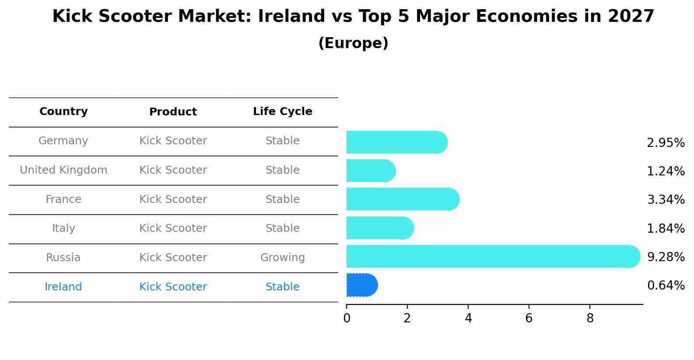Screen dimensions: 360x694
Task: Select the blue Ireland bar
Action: [x=361, y=285]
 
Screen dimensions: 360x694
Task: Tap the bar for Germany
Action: [x=396, y=142]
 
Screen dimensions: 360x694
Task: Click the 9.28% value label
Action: [x=666, y=257]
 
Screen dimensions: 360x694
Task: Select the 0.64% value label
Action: [x=666, y=286]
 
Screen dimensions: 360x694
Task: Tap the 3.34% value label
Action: [x=666, y=200]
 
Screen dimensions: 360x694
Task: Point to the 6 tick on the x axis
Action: [x=529, y=318]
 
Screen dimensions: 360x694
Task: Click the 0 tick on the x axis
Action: [x=347, y=318]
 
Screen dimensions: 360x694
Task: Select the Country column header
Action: [x=63, y=112]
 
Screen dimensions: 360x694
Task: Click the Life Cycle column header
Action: [x=282, y=112]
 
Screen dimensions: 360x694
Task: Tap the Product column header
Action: [x=173, y=112]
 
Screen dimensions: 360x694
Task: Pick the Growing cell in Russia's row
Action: [x=282, y=258]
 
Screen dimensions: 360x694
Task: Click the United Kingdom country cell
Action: [x=63, y=170]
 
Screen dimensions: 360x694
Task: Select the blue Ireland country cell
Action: [x=63, y=287]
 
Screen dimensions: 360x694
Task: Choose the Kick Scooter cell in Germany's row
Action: [x=173, y=141]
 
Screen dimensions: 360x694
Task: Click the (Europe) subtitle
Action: [x=353, y=43]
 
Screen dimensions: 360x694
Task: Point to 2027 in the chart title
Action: [x=631, y=17]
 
